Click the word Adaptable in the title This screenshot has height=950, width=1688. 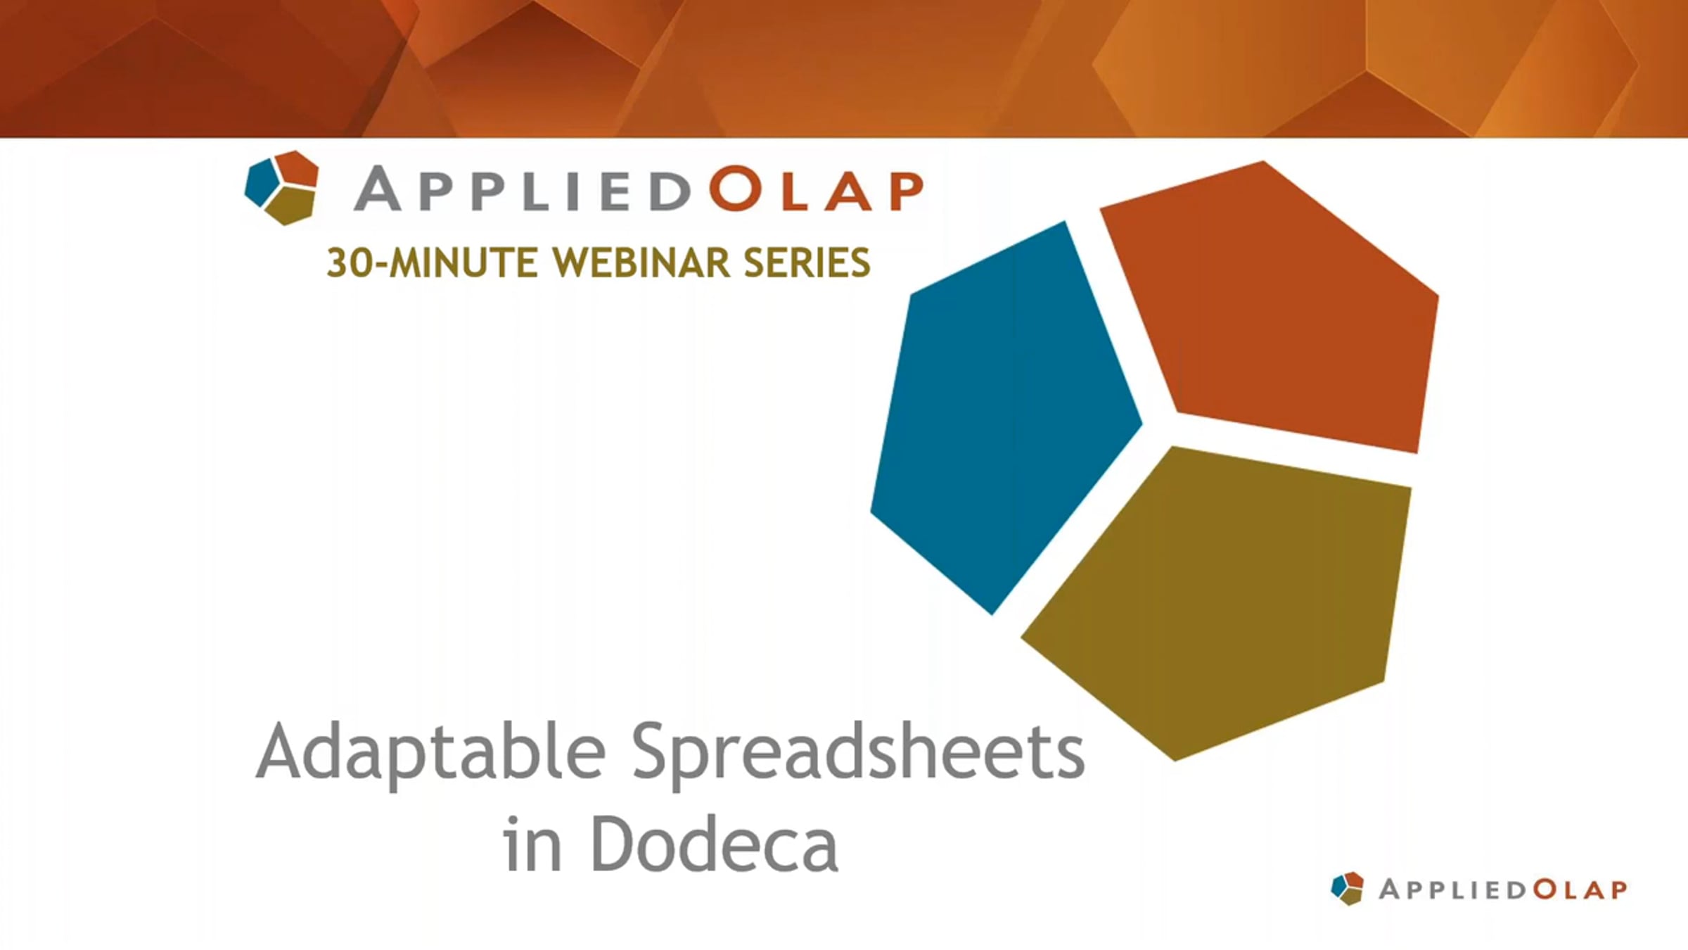point(430,752)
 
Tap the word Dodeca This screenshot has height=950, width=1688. point(715,844)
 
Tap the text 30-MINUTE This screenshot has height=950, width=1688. point(433,263)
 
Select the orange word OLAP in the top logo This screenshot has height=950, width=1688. point(816,189)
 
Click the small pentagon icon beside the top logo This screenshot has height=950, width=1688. point(282,187)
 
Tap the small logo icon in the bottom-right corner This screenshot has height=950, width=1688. point(1347,888)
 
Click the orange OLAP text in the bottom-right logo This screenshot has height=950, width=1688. point(1580,889)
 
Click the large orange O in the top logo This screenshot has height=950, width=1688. point(736,189)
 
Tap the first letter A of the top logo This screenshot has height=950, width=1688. point(378,189)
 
